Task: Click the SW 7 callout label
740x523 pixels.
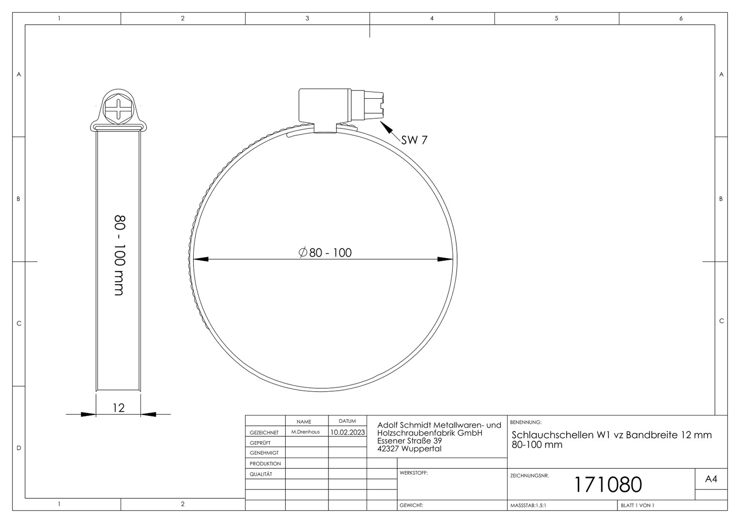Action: [414, 140]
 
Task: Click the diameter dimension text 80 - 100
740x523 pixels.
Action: [325, 253]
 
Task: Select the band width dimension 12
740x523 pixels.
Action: [119, 408]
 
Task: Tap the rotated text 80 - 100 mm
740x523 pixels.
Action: [120, 255]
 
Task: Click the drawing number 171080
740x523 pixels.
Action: [608, 485]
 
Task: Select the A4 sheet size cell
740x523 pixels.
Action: [711, 479]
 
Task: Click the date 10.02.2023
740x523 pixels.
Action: [348, 432]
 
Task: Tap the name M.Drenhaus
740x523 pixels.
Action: [306, 432]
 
